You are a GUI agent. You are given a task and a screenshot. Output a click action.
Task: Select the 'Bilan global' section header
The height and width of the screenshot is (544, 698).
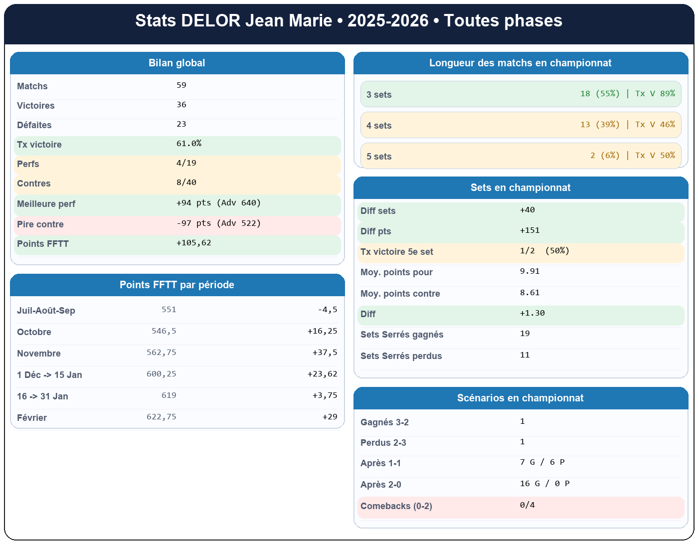point(176,63)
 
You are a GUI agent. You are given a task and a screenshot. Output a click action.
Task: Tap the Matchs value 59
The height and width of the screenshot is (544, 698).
point(181,85)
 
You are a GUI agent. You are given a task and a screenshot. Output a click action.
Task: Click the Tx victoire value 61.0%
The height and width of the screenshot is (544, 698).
point(189,144)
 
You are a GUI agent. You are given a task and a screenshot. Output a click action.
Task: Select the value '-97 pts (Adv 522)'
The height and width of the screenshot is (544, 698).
point(218,223)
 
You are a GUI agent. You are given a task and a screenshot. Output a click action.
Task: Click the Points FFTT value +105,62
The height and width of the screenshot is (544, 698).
point(193,243)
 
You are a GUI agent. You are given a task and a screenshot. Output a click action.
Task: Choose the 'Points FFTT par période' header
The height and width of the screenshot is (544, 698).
point(176,285)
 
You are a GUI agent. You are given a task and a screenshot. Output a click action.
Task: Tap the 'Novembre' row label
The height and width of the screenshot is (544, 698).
point(39,354)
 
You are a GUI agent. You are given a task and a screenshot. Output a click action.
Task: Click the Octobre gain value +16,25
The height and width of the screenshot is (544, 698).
point(322,331)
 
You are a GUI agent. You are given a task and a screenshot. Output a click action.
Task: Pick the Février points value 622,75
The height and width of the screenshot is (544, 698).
point(162,417)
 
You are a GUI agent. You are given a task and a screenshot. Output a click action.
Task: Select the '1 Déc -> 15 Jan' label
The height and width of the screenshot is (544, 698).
point(49,375)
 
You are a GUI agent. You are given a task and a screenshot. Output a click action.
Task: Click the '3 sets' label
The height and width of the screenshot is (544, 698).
point(379,95)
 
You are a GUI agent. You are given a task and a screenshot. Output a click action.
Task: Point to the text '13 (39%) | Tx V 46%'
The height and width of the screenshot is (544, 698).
point(627,125)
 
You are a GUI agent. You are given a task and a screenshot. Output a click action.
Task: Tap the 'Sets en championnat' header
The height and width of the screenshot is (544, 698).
point(521,187)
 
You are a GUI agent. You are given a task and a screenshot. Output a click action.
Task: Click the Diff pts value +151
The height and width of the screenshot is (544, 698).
point(529,230)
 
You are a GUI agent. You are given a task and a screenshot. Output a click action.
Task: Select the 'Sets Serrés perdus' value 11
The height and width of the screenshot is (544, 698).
point(524,355)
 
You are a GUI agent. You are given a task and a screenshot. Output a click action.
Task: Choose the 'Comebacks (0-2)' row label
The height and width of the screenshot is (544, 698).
point(396,506)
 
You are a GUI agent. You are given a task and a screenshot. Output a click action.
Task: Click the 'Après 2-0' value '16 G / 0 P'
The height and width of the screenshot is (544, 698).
point(544,484)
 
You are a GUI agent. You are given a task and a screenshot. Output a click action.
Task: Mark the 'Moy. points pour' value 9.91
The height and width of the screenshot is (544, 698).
point(529,271)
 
